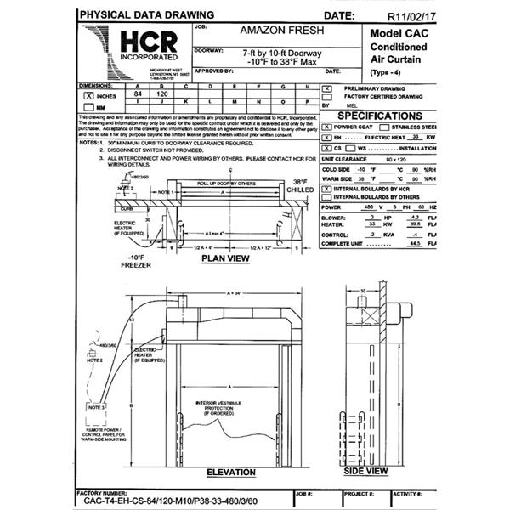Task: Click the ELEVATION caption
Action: tap(230, 473)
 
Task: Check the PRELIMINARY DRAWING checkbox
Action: tap(327, 88)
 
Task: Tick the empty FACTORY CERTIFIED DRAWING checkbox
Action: tap(327, 97)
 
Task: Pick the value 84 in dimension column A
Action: tap(138, 95)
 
